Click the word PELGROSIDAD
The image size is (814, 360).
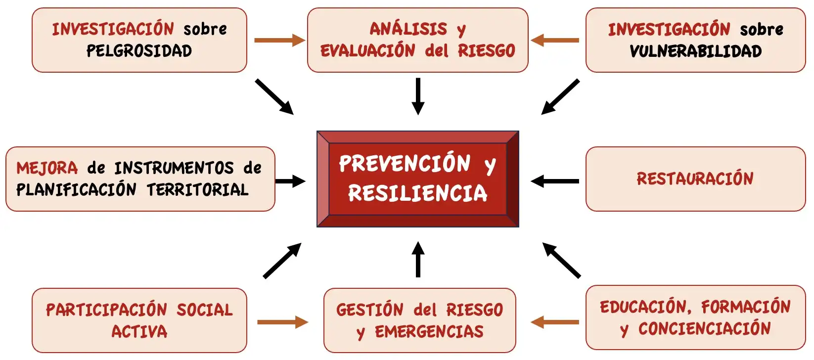(139, 51)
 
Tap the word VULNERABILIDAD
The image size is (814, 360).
(695, 51)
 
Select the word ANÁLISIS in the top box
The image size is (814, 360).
(408, 29)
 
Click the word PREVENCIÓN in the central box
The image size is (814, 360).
(405, 164)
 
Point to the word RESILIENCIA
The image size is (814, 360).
(417, 193)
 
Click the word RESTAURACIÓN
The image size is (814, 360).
(695, 179)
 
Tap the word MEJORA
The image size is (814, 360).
(47, 168)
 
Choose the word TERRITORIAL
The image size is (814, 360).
(197, 190)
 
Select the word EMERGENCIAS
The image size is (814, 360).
(429, 331)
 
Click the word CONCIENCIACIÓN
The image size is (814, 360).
(704, 329)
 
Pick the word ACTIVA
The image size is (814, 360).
(139, 331)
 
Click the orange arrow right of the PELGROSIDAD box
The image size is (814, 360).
(279, 40)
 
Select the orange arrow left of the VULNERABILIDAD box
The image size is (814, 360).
(555, 40)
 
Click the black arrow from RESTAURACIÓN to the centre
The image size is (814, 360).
(555, 181)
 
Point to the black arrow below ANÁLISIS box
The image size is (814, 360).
(418, 96)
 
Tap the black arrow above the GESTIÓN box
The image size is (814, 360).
(418, 260)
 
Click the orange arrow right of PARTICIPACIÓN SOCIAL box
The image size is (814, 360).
(282, 322)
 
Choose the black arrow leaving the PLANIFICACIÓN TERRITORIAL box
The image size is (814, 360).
(290, 181)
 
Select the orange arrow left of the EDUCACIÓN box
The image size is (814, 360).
(555, 322)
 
